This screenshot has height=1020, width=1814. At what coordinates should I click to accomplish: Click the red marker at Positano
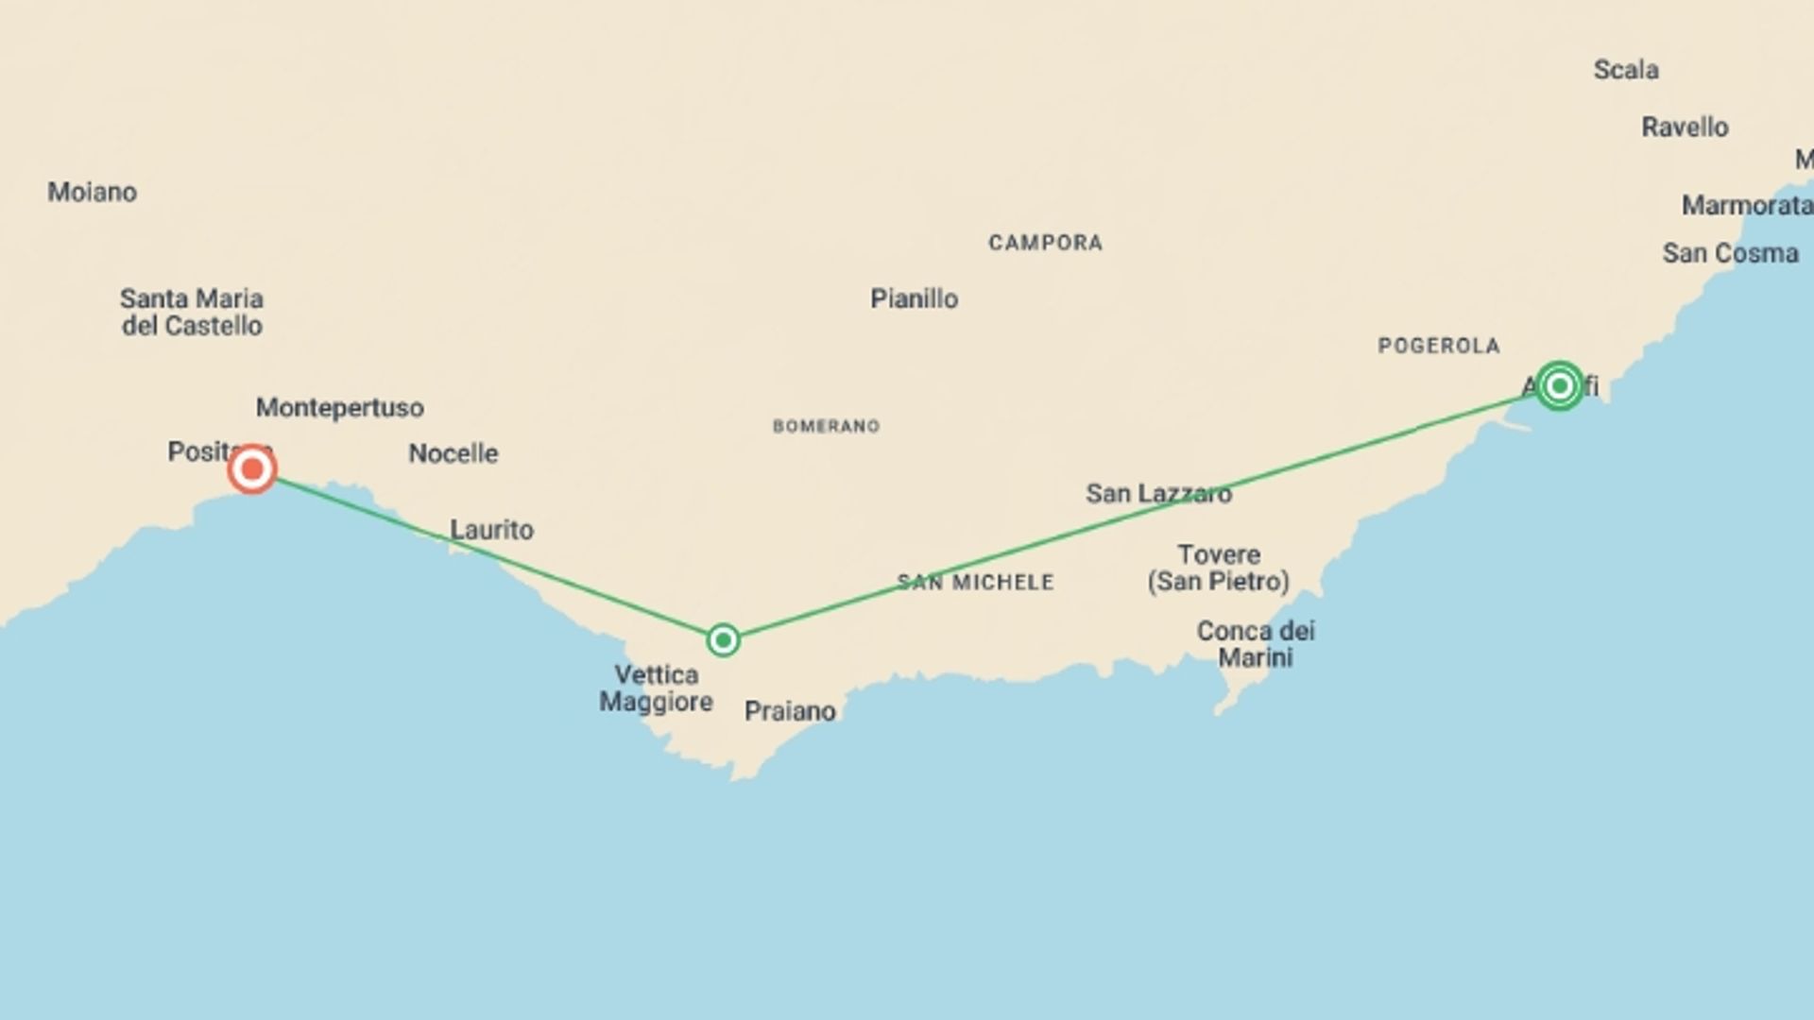pos(252,468)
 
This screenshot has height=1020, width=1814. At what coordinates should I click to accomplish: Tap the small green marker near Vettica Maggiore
pos(723,640)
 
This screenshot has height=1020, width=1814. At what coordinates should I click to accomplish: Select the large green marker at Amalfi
pos(1559,385)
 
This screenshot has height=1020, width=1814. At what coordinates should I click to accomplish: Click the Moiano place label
pos(93,193)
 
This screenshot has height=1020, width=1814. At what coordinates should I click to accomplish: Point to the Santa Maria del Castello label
pos(192,313)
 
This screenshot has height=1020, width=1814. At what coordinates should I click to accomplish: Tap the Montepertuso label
pos(340,408)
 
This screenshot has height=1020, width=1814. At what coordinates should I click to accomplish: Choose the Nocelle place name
pos(453,453)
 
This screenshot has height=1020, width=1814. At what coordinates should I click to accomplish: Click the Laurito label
pos(491,530)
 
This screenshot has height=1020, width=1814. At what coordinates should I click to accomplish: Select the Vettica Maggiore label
pos(657,688)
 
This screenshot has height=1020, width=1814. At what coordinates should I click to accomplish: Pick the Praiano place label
pos(790,711)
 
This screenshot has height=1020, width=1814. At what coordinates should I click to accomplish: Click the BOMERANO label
pos(827,427)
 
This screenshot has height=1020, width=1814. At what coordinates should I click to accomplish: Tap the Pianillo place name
pos(915,299)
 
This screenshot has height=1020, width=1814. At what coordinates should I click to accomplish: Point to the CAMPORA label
pos(1046,244)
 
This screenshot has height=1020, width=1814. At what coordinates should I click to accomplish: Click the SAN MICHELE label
pos(975,583)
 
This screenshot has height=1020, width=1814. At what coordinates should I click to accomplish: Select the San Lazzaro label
pos(1158,494)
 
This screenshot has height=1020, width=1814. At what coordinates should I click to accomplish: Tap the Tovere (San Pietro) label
pos(1219,568)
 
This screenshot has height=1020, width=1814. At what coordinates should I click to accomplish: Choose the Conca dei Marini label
pos(1256,644)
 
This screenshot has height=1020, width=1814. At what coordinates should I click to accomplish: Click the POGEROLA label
pos(1439,347)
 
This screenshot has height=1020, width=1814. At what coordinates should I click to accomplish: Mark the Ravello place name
pos(1685,127)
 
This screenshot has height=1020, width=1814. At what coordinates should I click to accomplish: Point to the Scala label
pos(1626,70)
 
